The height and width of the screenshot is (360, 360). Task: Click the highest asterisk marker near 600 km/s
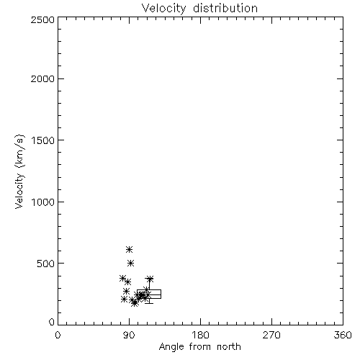(x=129, y=250)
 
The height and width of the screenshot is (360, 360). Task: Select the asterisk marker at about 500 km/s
(x=130, y=264)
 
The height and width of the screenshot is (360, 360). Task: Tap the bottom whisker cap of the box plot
(x=149, y=303)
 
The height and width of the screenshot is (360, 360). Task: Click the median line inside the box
(x=149, y=294)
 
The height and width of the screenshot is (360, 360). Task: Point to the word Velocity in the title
(x=163, y=9)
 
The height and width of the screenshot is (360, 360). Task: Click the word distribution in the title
(x=225, y=8)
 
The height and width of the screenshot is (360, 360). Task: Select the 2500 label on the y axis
(x=42, y=19)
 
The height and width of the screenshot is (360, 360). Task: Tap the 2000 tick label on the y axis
(x=42, y=78)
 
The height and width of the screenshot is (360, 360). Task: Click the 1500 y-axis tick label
(x=43, y=140)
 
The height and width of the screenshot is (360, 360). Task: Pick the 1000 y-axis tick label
(x=43, y=202)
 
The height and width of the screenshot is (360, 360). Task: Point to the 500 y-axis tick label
(x=46, y=264)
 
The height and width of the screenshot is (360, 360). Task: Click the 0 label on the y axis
(x=52, y=322)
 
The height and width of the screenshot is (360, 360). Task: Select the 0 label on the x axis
(x=58, y=335)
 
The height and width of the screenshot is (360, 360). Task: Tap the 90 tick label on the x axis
(x=129, y=335)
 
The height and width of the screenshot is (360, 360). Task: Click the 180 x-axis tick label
(x=200, y=335)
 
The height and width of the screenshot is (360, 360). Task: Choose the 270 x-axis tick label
(x=271, y=335)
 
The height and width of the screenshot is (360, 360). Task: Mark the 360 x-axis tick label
(x=343, y=335)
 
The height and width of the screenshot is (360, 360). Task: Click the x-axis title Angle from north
(x=200, y=347)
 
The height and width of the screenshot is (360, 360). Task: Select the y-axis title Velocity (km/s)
(x=19, y=171)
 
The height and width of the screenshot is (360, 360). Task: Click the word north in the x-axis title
(x=229, y=347)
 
